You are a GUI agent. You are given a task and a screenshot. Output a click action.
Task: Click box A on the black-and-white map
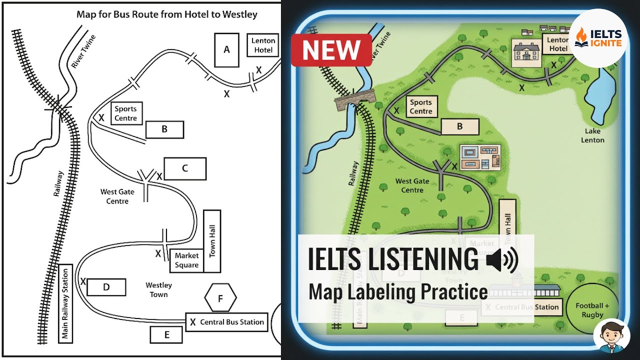226,49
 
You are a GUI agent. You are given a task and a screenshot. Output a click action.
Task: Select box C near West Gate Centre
184,168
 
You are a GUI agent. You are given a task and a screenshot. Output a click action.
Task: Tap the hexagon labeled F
220,299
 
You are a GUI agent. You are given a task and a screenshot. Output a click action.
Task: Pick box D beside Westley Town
106,287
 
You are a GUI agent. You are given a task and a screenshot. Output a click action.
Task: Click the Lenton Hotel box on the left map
263,45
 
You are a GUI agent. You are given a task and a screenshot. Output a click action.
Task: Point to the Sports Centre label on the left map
125,113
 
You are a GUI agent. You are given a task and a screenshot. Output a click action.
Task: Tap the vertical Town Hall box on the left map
212,241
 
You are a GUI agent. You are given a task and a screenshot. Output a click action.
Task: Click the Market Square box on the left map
186,260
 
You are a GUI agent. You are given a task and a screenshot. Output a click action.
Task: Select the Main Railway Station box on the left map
65,303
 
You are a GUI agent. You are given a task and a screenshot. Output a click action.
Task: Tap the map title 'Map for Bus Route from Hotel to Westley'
167,14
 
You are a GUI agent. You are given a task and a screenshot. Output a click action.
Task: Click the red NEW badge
331,50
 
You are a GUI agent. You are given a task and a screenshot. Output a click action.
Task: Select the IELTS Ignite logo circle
598,37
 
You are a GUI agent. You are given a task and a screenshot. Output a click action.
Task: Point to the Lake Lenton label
592,135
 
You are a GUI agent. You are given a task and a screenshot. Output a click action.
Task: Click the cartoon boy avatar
611,336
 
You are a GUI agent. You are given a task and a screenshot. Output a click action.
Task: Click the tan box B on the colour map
460,127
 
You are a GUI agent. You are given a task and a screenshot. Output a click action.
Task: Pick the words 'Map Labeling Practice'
398,291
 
